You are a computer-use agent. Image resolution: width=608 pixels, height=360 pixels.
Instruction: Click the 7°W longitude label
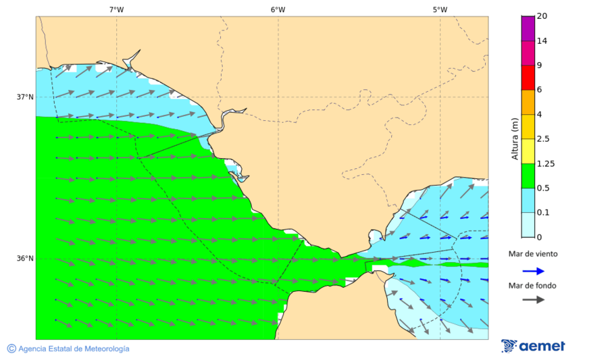click(x=116, y=9)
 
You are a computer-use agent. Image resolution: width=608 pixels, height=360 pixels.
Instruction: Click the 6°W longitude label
click(x=278, y=9)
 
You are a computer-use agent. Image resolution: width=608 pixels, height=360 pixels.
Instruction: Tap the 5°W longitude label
click(x=440, y=9)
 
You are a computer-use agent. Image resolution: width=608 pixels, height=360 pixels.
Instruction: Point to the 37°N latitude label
click(x=25, y=97)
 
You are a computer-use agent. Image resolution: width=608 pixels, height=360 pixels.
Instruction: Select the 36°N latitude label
click(x=25, y=259)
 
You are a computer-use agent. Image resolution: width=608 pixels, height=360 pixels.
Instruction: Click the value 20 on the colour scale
click(x=542, y=16)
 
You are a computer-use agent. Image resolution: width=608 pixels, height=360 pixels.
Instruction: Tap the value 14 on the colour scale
click(x=542, y=41)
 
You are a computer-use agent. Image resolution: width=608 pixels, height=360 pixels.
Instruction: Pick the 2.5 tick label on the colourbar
click(x=542, y=139)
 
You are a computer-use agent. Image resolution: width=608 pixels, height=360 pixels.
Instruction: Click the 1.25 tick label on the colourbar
click(x=544, y=163)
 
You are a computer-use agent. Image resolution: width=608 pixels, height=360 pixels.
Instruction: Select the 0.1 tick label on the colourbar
click(x=542, y=213)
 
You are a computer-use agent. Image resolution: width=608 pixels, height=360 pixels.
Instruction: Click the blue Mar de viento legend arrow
click(x=534, y=271)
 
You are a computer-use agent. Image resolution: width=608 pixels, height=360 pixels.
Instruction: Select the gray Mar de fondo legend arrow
click(x=534, y=299)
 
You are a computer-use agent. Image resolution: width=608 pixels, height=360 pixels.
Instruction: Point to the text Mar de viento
click(x=534, y=254)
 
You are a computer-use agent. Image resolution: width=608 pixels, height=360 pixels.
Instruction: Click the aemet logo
click(x=534, y=346)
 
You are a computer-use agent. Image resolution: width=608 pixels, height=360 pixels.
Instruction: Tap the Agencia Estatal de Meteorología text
click(x=74, y=349)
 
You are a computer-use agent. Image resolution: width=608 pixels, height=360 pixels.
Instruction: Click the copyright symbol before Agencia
click(x=11, y=349)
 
